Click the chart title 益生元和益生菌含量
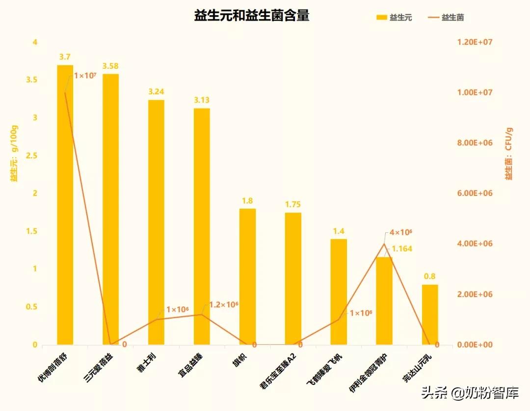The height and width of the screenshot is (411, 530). [252, 16]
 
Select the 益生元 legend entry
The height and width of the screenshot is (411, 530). [394, 18]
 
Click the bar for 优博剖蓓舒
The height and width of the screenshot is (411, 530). [65, 206]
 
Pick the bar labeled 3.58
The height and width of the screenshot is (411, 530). [110, 211]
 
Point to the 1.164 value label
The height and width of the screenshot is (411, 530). [402, 249]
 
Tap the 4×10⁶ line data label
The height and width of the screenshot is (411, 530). [401, 232]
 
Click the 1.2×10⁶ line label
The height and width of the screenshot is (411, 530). [223, 305]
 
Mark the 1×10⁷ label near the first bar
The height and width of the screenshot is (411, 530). [84, 76]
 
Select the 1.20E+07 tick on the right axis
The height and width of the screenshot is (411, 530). [475, 42]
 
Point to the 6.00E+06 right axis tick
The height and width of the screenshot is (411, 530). [475, 193]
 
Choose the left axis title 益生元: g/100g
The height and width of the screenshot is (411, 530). [14, 154]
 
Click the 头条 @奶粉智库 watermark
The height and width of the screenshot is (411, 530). [470, 392]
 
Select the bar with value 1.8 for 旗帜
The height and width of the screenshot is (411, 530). [247, 277]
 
